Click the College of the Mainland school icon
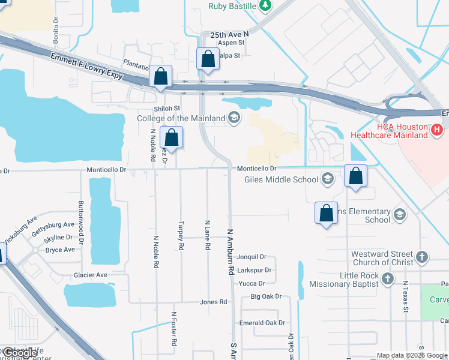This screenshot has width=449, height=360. (x=234, y=118)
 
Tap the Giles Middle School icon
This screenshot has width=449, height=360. (x=327, y=179)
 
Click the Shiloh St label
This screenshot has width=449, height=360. (x=167, y=108)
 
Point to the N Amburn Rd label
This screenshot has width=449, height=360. (x=230, y=251)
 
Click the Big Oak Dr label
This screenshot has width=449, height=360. (x=266, y=296)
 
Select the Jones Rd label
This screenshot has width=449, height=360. (x=214, y=302)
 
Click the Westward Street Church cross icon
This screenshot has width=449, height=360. (x=422, y=258)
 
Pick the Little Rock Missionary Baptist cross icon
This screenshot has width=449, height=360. (x=388, y=279)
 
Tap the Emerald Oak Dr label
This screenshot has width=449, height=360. (x=262, y=323)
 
